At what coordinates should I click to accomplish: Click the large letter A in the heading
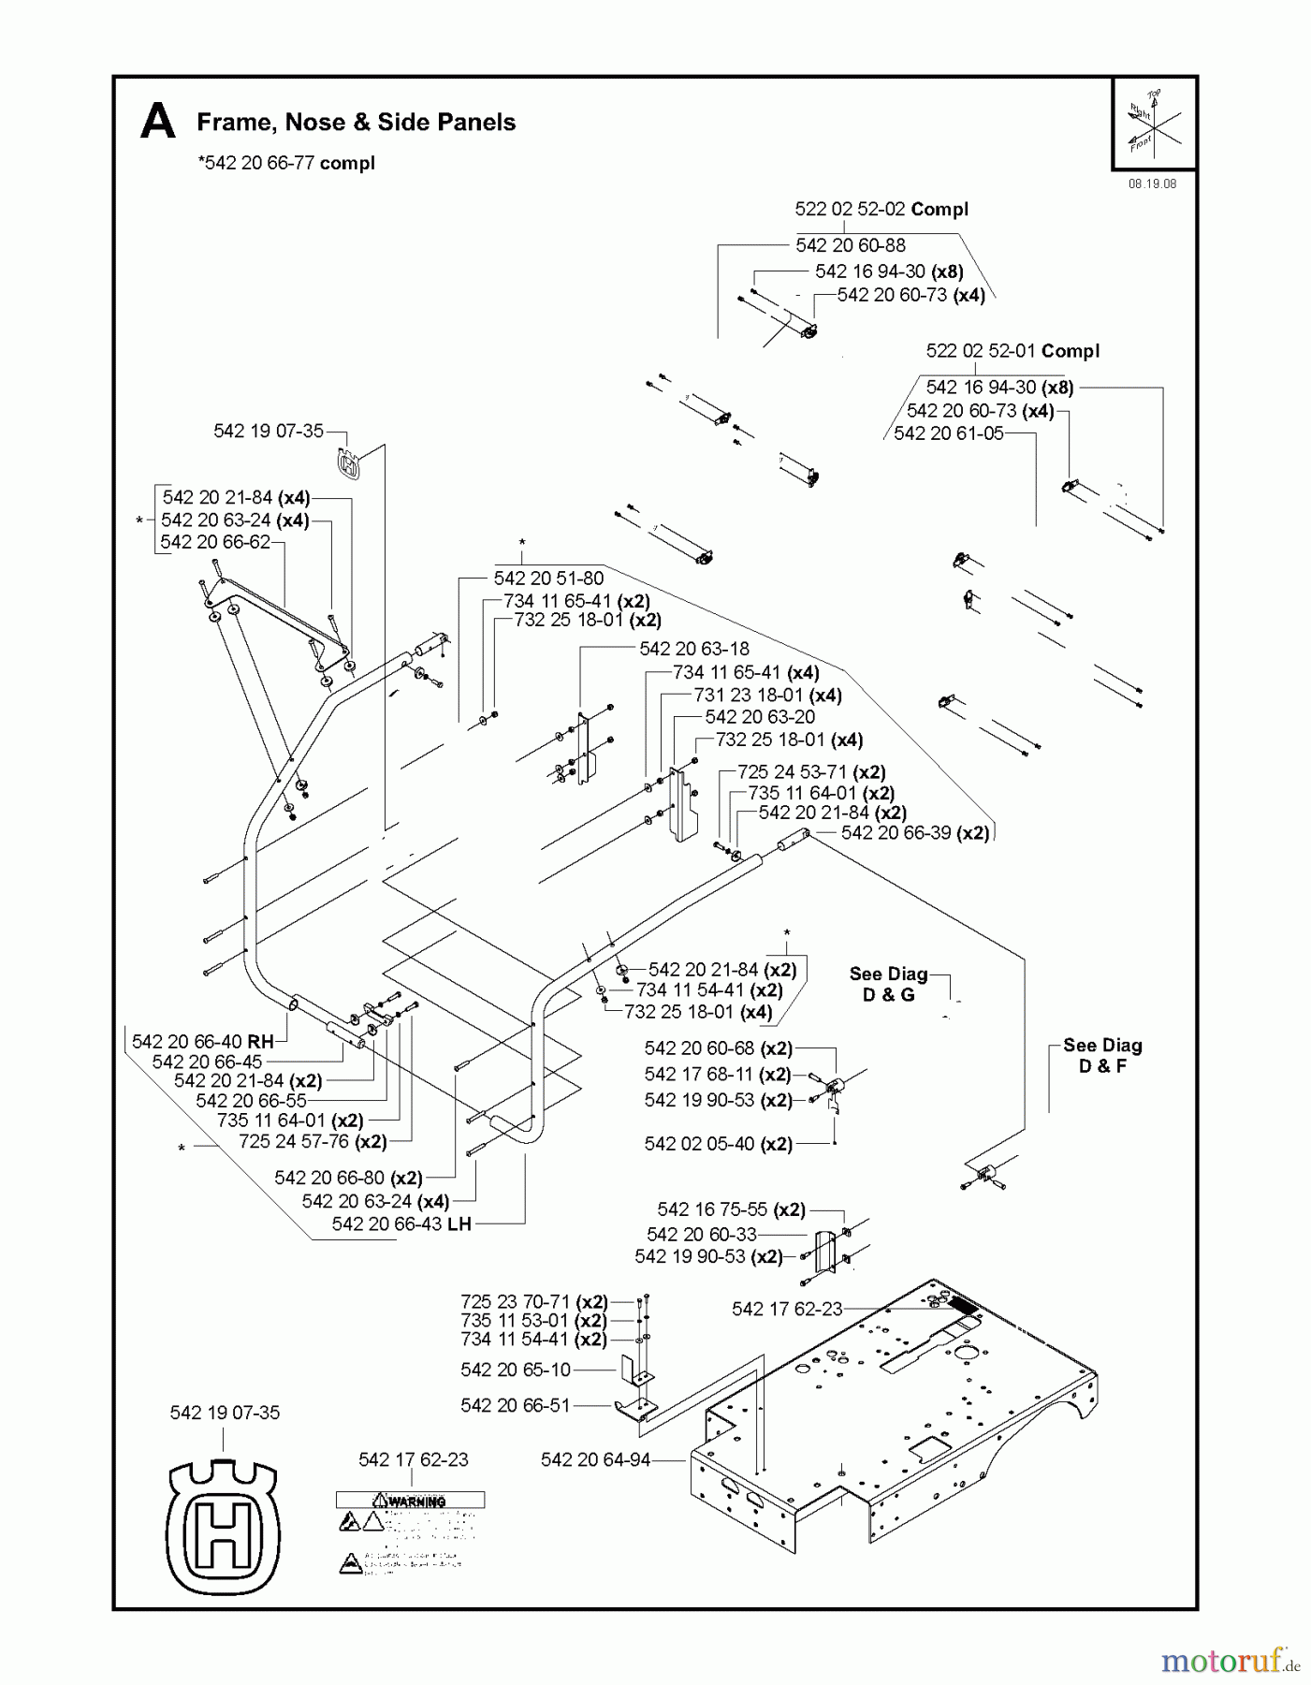pos(157,123)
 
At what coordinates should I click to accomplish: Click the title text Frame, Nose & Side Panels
pos(356,123)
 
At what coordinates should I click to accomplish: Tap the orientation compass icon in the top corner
pos(1154,124)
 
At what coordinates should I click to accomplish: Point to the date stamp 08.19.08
pos(1152,184)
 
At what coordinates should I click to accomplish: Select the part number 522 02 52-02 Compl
pos(881,210)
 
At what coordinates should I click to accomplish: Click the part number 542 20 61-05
pos(948,433)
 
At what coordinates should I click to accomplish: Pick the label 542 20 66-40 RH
pos(202,1042)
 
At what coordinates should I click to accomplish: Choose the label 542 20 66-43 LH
pos(401,1224)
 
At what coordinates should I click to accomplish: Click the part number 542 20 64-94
pos(595,1459)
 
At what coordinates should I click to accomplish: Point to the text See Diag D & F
pos(1102,1056)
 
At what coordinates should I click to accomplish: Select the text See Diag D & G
pos(888,984)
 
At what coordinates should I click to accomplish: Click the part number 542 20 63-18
pos(693,649)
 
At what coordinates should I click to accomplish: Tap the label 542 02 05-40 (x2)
pos(718,1144)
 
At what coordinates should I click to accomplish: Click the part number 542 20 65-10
pos(515,1370)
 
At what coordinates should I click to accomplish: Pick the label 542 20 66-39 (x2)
pos(914,833)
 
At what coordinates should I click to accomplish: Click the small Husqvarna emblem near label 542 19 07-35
pos(348,465)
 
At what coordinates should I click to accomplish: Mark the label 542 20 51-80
pos(548,579)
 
